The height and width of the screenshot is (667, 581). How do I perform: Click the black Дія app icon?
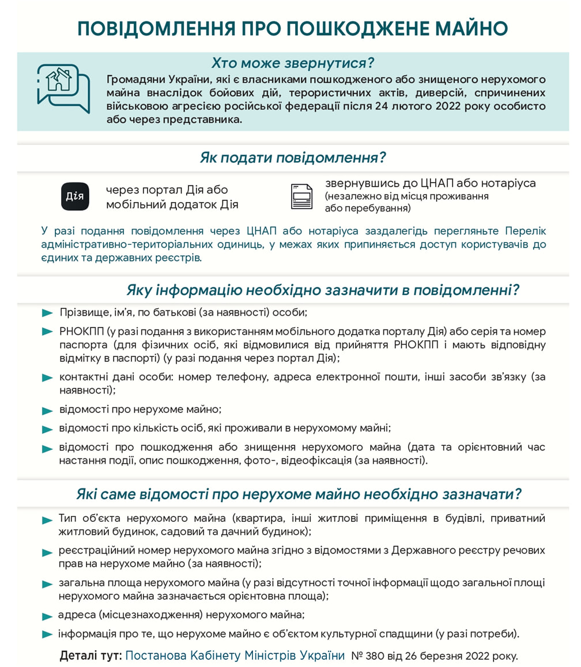click(75, 196)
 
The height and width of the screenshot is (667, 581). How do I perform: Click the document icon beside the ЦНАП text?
click(301, 196)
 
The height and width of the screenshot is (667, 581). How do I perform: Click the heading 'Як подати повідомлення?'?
click(293, 157)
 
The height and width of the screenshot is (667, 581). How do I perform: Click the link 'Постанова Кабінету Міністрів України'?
click(235, 655)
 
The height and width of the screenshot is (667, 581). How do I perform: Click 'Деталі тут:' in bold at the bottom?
click(90, 655)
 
